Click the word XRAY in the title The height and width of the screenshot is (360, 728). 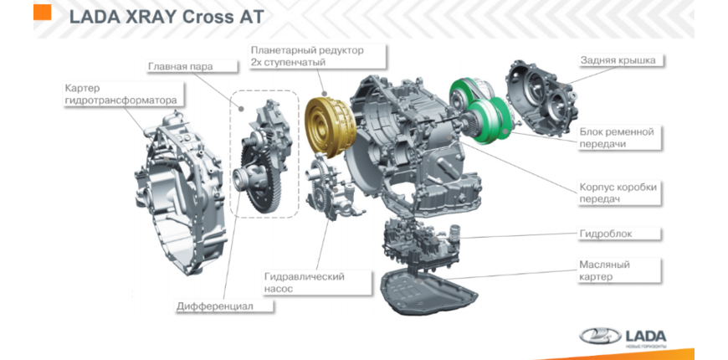(150, 16)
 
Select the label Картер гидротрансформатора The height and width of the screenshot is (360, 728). (120, 94)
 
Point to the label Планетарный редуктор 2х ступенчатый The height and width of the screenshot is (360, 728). (307, 57)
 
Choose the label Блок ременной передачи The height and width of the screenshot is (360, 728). (615, 137)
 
